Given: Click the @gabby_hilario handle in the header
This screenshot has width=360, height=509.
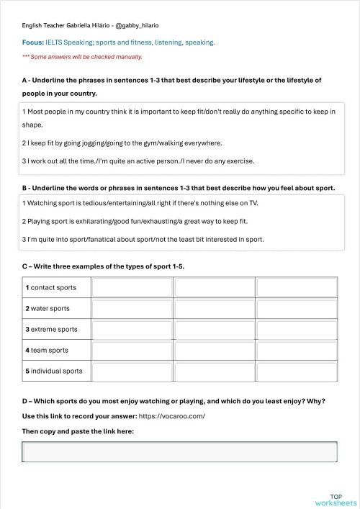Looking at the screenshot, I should (148, 25).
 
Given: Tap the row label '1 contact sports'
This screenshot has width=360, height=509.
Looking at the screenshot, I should (50, 288).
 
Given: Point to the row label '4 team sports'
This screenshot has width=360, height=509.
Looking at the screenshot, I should (47, 351).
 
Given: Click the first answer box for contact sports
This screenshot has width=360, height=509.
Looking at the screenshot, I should (132, 288).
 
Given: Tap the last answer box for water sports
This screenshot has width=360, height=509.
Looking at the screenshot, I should (297, 309).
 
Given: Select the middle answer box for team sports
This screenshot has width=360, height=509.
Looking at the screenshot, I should (215, 351).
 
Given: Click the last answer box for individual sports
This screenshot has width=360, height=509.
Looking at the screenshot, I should (297, 371).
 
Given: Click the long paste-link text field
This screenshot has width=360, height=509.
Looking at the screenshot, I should (179, 452).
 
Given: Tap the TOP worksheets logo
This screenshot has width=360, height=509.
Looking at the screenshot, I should (336, 500).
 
